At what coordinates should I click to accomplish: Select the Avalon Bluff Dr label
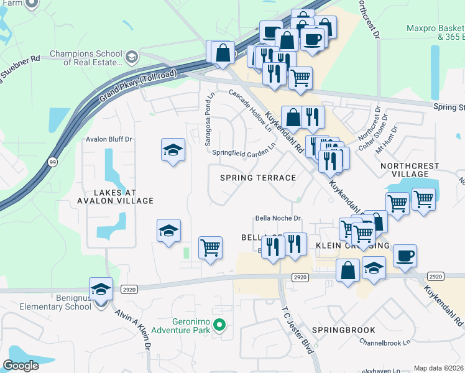point(109,139)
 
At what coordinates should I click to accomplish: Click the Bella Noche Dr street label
point(278,218)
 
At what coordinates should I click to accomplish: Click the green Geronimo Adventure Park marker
point(218,325)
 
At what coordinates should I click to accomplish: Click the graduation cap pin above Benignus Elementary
point(101,290)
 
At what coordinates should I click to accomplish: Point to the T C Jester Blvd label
point(298,329)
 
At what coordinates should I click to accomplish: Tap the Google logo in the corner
point(21,366)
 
